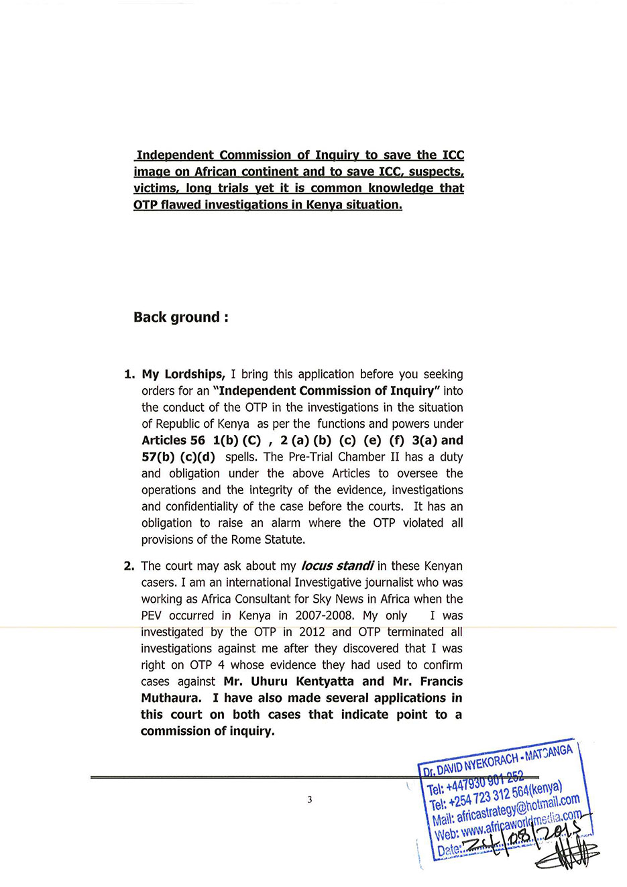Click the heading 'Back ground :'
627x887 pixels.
point(180,317)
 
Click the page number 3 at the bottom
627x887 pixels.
point(309,799)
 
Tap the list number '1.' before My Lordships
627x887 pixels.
point(129,374)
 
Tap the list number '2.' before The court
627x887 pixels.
point(129,566)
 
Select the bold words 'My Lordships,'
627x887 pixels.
point(183,374)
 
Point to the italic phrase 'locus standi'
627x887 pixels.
point(337,566)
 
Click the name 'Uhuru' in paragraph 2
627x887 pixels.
point(268,681)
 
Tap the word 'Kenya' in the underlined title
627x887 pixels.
point(325,204)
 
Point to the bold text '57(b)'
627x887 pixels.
point(158,457)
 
